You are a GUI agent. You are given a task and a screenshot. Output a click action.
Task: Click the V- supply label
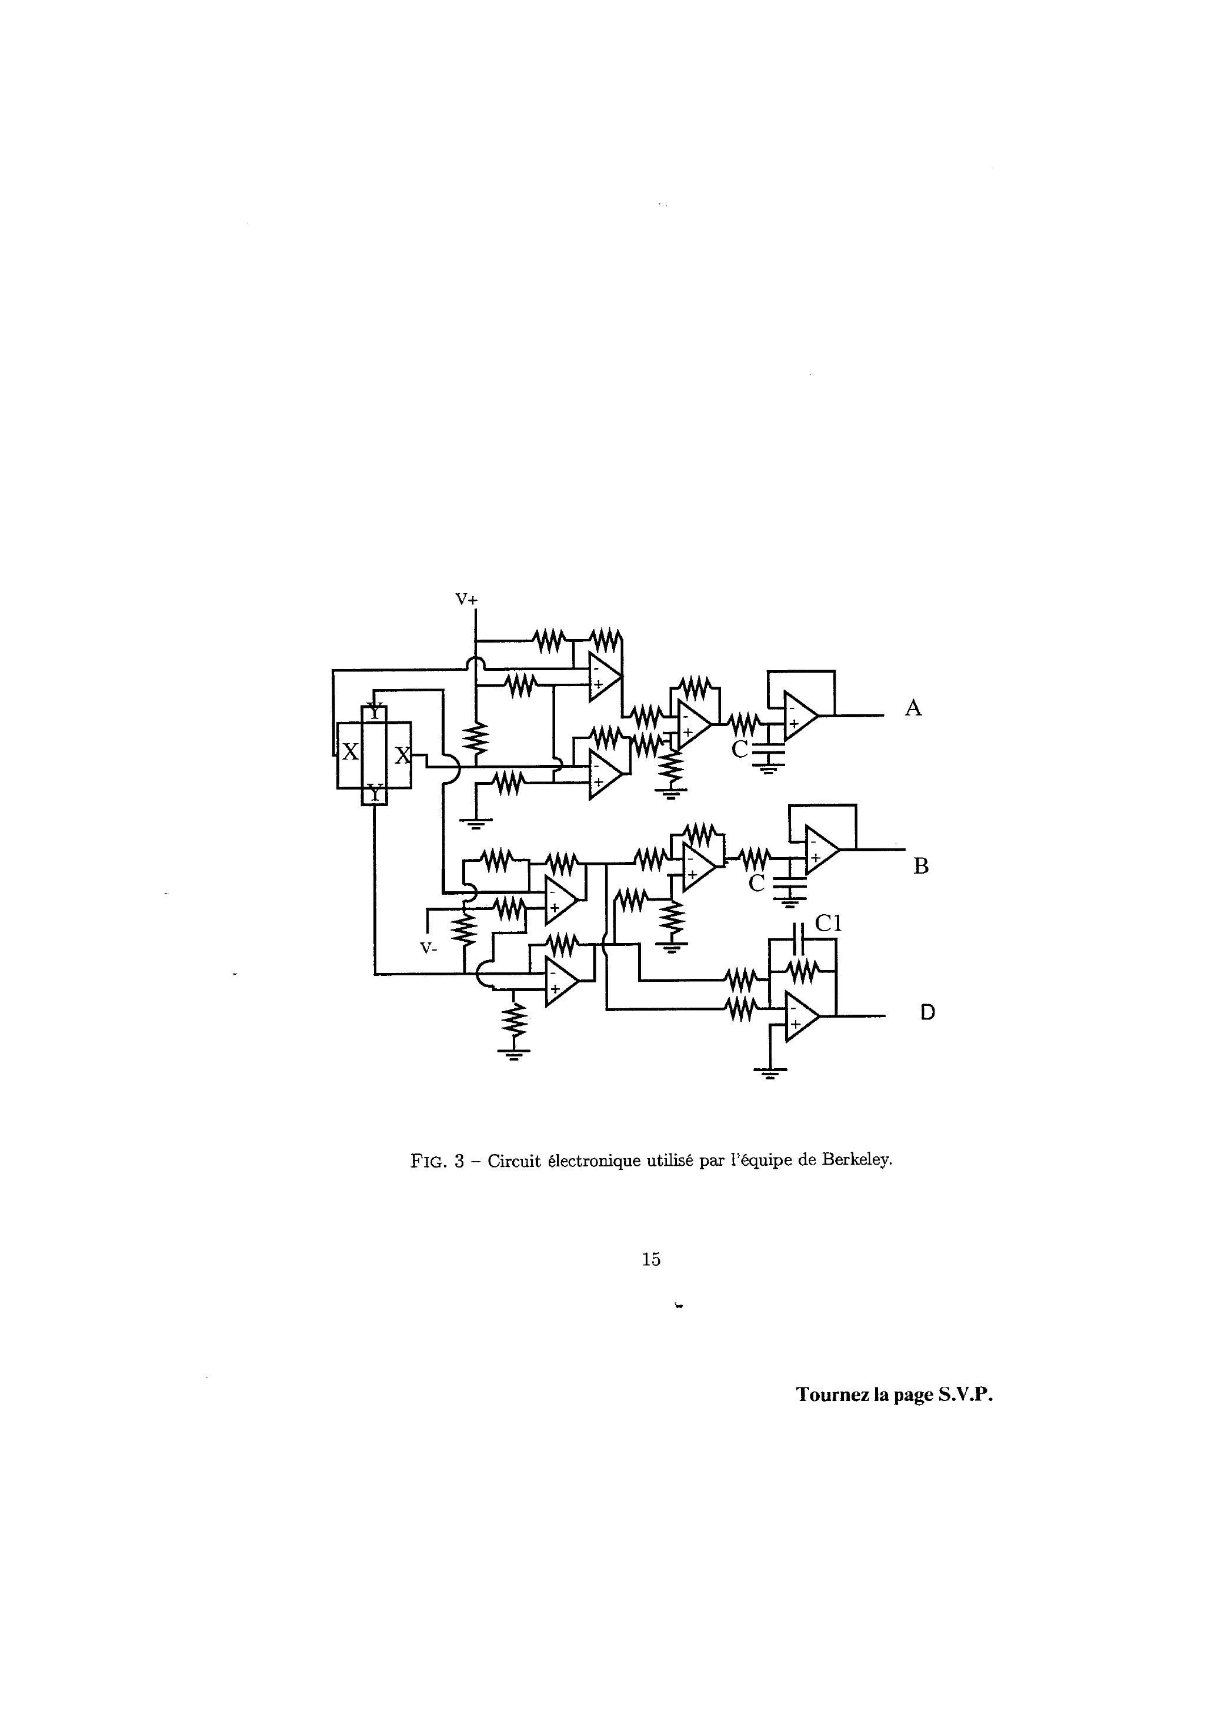[429, 949]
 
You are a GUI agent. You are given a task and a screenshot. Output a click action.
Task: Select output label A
[912, 707]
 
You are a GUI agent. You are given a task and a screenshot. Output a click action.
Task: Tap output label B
[920, 866]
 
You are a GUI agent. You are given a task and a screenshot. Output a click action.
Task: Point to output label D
[927, 1013]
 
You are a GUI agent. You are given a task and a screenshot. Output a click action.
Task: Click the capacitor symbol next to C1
[799, 939]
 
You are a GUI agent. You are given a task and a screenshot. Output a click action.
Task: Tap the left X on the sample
[350, 753]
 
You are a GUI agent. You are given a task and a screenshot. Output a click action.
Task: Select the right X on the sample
[402, 755]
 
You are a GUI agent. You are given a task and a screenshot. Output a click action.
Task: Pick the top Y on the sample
[375, 711]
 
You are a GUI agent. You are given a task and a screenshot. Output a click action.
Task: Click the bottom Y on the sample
[375, 791]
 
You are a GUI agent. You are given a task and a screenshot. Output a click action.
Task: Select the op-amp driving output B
[821, 851]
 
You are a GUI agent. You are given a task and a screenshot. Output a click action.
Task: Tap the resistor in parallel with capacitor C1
[803, 971]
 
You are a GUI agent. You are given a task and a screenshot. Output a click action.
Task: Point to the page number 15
[650, 1259]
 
